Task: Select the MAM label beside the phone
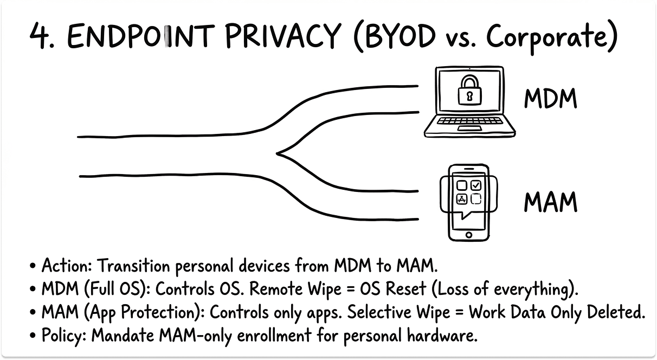(x=550, y=202)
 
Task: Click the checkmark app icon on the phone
(x=475, y=185)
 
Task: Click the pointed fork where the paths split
(x=279, y=153)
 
